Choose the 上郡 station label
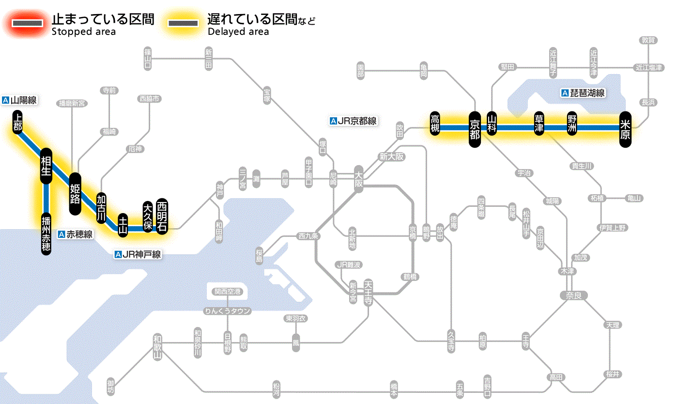pyautogui.click(x=18, y=122)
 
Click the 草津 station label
pyautogui.click(x=539, y=124)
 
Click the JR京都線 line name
pyautogui.click(x=353, y=121)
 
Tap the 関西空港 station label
pyautogui.click(x=228, y=292)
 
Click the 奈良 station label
pyautogui.click(x=573, y=295)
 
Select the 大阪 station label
pyautogui.click(x=359, y=179)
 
